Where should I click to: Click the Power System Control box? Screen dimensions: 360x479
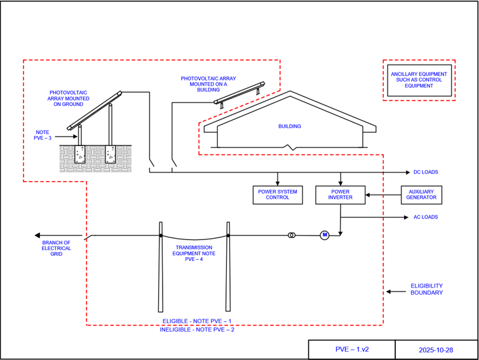coord(277,195)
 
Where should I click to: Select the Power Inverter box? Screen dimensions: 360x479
coord(341,195)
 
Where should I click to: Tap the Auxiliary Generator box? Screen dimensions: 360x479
coord(422,195)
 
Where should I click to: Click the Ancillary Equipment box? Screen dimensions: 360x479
coord(419,80)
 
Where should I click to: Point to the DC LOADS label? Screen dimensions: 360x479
coord(425,173)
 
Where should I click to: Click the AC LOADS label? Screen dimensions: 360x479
coord(425,217)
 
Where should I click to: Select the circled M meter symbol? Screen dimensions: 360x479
coord(324,236)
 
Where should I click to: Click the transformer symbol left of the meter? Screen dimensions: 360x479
coord(292,236)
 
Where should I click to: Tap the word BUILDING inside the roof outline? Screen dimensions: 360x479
coord(290,126)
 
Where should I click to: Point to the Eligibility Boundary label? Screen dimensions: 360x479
coord(426,290)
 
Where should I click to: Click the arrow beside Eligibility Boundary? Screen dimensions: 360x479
coord(396,291)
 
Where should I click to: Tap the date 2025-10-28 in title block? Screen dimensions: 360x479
coord(435,350)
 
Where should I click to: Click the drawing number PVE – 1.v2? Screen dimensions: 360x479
coord(351,350)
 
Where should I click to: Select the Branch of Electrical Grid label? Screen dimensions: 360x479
coord(57,248)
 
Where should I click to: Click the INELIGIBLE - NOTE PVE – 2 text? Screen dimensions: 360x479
coord(197,330)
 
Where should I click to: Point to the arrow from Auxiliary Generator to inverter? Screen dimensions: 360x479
coord(381,195)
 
